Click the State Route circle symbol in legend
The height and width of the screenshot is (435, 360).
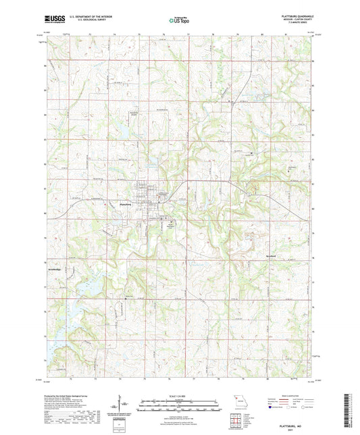pos(316,407)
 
